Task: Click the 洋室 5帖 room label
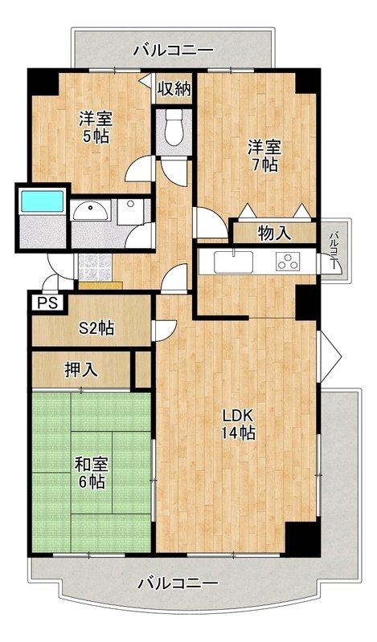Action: [94, 127]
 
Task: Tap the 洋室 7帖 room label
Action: [263, 155]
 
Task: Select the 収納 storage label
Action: [174, 88]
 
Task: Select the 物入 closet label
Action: [274, 233]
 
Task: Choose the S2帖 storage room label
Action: [95, 327]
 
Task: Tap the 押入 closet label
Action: [82, 370]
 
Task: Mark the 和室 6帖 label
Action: [92, 473]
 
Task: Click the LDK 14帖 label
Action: [238, 425]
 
